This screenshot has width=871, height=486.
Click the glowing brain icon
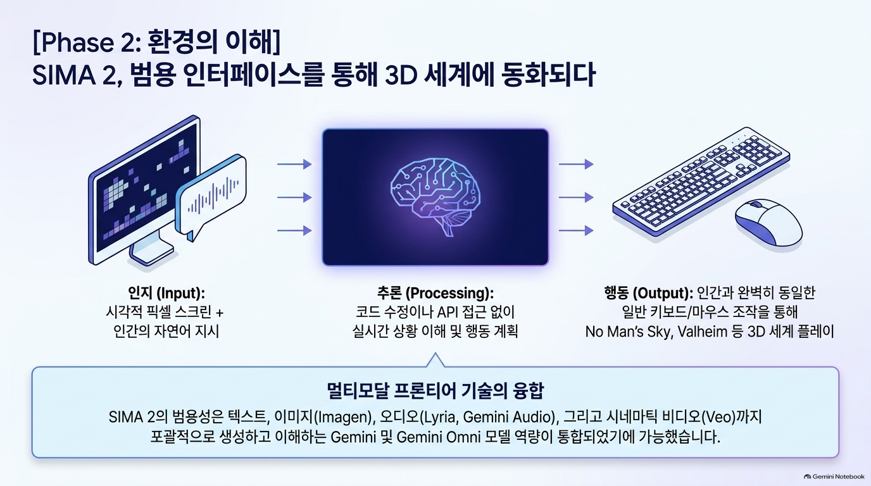[435, 196]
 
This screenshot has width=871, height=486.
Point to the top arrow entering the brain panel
[294, 164]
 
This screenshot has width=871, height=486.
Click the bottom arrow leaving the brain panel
[576, 230]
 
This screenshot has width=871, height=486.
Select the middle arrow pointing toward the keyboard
[576, 197]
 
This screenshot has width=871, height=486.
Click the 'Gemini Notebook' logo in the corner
[834, 477]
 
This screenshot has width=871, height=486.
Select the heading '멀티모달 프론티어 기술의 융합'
[435, 391]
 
